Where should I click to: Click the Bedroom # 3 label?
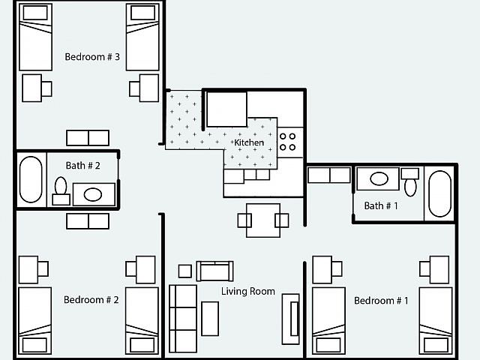(x=92, y=57)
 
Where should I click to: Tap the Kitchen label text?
(x=248, y=142)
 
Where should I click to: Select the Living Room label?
(x=248, y=291)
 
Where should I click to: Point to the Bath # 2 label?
(x=83, y=166)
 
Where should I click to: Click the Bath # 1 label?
(x=381, y=205)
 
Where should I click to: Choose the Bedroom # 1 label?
(x=381, y=301)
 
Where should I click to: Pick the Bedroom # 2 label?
(x=91, y=300)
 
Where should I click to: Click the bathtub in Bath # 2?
(x=31, y=179)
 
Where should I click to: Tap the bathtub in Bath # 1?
(x=440, y=193)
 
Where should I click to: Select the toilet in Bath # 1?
(x=410, y=181)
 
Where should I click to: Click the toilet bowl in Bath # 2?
(x=61, y=185)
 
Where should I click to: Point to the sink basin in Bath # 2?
(x=93, y=195)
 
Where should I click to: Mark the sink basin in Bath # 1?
(x=379, y=178)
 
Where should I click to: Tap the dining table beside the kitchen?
(x=263, y=220)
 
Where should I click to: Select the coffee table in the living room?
(x=210, y=319)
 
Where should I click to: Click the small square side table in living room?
(x=185, y=271)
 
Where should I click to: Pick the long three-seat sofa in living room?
(x=183, y=319)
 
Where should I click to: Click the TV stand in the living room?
(x=290, y=319)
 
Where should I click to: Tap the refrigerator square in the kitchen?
(x=226, y=109)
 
